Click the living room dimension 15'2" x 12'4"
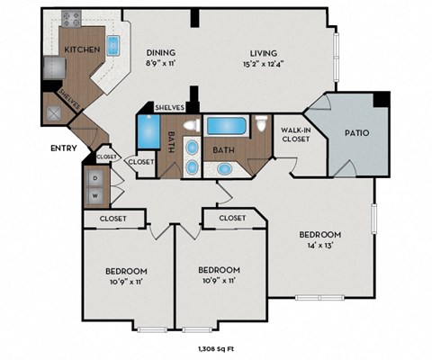[x=263, y=64]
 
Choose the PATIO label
[x=356, y=133]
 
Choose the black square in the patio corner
[x=382, y=99]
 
